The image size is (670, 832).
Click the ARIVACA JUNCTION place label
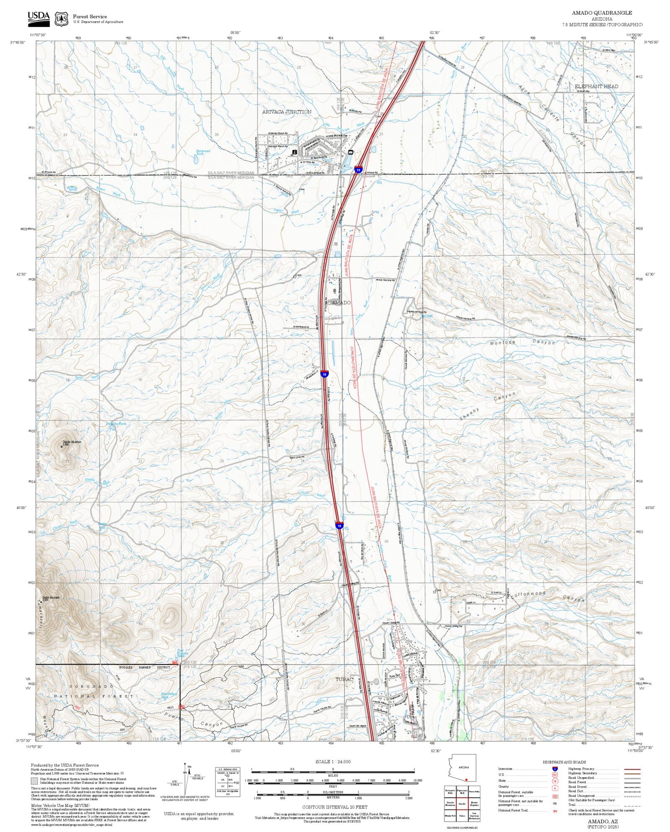click(x=286, y=112)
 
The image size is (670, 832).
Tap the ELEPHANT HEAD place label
click(x=596, y=86)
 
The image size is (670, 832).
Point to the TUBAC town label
click(x=344, y=680)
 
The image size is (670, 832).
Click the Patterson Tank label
click(x=203, y=152)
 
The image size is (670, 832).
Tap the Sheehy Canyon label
click(x=488, y=406)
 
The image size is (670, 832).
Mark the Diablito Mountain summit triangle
click(x=61, y=447)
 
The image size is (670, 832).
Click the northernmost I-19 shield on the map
click(x=358, y=170)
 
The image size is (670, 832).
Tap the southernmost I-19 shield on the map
click(x=339, y=527)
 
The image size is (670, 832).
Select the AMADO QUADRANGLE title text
click(x=602, y=13)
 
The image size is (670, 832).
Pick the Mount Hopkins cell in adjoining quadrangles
click(x=474, y=803)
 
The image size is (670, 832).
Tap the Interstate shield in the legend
click(x=555, y=769)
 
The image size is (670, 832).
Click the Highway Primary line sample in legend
click(x=629, y=769)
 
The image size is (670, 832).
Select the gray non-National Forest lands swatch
click(x=34, y=781)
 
